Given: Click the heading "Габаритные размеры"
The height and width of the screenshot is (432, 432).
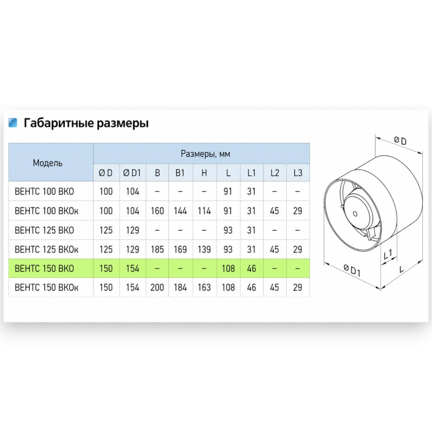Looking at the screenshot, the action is tap(86, 123).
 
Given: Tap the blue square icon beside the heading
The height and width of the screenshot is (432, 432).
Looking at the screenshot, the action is tap(12, 123).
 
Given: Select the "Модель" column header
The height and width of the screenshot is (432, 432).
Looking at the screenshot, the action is tap(48, 163).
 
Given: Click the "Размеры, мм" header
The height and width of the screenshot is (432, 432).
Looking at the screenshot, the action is tap(205, 154).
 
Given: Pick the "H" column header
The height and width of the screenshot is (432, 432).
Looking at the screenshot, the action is tap(204, 173).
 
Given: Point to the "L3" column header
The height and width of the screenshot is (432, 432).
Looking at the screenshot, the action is tap(298, 173).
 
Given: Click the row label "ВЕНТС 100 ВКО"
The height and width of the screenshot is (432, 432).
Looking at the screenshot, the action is tap(44, 192).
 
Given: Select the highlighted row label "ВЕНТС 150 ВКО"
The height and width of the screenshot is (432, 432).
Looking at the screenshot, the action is tap(44, 268).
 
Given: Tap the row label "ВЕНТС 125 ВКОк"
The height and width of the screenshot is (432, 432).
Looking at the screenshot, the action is tap(46, 249).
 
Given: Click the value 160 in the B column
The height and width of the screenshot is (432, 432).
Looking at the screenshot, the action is tap(157, 211).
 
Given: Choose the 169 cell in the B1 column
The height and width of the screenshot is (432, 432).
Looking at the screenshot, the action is tap(180, 249).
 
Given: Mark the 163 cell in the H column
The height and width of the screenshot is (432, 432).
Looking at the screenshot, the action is tap(204, 287).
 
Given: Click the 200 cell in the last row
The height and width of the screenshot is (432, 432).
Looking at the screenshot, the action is tap(157, 287).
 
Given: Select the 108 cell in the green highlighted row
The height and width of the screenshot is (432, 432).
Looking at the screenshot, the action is tap(228, 268).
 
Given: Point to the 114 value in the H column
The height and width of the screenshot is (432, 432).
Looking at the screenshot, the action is tap(204, 211).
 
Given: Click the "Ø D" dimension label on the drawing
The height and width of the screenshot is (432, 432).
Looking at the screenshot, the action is tap(400, 141).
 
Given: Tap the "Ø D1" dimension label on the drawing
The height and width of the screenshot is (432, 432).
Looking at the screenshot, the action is tap(352, 269).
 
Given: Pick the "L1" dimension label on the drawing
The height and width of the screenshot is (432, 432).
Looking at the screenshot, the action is tap(388, 254).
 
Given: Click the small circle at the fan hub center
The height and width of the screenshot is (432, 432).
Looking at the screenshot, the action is tap(355, 214).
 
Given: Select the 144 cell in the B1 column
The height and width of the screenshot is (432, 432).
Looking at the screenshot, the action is tap(180, 211).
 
